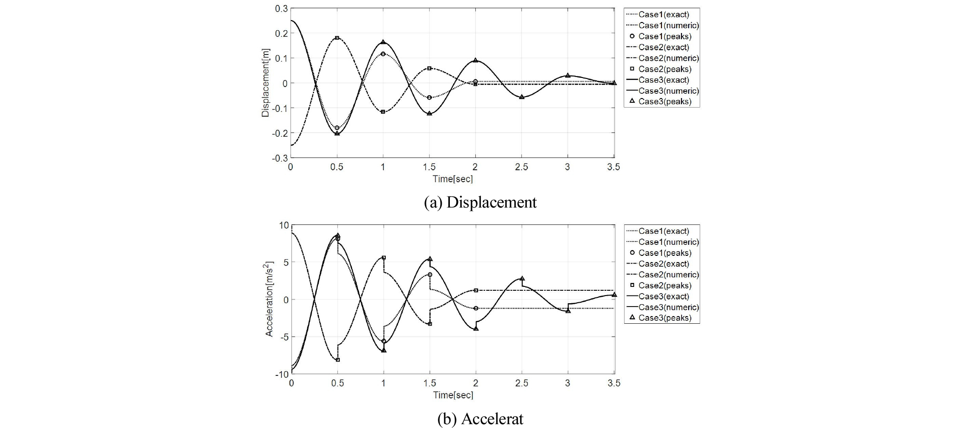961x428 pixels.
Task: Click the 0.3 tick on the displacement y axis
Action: [281, 9]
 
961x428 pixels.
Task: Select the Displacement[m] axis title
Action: [266, 83]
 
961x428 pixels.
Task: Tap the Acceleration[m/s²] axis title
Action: [269, 299]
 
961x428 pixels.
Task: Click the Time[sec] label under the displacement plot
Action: [452, 179]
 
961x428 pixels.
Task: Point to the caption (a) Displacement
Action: [480, 202]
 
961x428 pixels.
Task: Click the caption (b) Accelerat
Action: [480, 419]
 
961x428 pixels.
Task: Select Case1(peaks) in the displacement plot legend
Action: [664, 36]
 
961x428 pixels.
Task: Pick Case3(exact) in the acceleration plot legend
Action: [663, 296]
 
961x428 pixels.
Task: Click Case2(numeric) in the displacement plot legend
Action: [668, 58]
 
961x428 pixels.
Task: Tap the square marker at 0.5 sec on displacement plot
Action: [337, 38]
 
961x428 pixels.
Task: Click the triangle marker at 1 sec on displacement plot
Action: [383, 42]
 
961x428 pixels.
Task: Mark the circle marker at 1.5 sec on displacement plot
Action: [429, 98]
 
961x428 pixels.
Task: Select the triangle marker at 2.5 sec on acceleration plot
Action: [522, 278]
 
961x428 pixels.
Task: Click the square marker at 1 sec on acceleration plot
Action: [383, 258]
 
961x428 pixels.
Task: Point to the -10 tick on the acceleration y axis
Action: [281, 374]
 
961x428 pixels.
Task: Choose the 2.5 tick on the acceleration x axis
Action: [522, 383]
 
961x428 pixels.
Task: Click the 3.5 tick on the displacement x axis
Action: [614, 167]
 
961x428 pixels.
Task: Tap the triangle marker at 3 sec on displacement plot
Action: [568, 76]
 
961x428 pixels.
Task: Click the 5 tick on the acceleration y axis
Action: [286, 262]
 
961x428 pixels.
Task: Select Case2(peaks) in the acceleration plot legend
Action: [664, 285]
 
